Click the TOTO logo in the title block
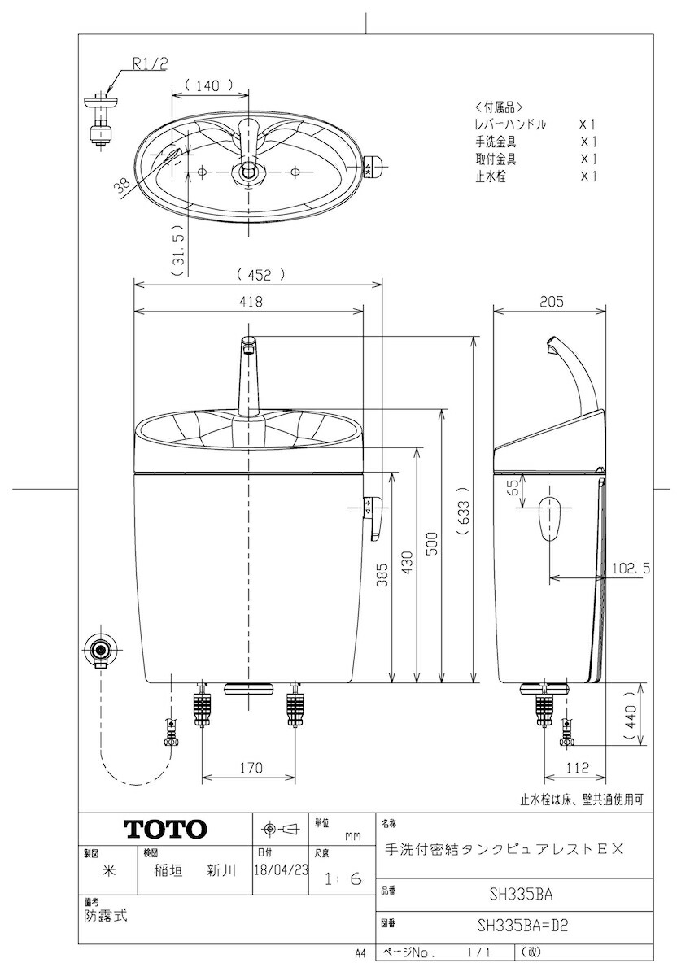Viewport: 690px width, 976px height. click(165, 829)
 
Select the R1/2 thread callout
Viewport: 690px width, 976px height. click(151, 64)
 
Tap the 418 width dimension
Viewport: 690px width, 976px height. click(251, 302)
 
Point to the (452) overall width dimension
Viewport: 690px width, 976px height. click(260, 275)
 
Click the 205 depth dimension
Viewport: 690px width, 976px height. click(552, 302)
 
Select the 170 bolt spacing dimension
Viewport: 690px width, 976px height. click(251, 767)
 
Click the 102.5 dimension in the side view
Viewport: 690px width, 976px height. click(631, 568)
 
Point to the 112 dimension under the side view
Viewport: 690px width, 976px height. click(577, 767)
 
